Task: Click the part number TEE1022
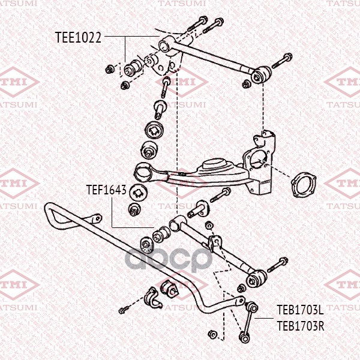coord(78,37)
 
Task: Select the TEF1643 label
coord(106,190)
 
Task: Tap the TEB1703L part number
coord(300,310)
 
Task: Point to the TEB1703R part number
coord(301,326)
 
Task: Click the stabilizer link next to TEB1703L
coord(248,322)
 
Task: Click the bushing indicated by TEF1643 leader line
coord(161,234)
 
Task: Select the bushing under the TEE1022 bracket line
coord(133,67)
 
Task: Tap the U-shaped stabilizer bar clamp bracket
coord(152,298)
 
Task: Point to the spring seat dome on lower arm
coord(212,165)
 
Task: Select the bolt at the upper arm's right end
coord(282,61)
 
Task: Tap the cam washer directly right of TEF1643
coord(138,192)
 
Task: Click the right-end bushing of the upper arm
coord(261,75)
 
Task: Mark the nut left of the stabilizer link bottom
coord(212,334)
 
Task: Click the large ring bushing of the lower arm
coord(143,172)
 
